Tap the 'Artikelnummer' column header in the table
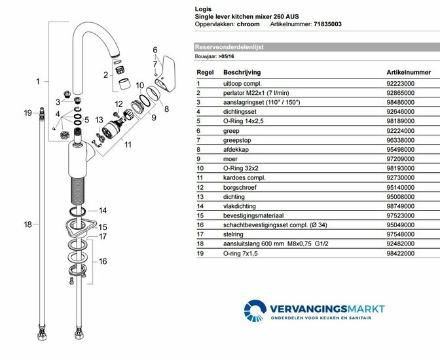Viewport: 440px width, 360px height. click(x=408, y=72)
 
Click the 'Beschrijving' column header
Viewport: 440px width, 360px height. click(x=242, y=72)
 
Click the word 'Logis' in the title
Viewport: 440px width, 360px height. click(x=204, y=9)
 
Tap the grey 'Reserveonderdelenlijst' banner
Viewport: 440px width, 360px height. click(x=314, y=48)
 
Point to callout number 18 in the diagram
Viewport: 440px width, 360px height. click(x=28, y=225)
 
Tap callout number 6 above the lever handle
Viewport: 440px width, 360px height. click(x=155, y=50)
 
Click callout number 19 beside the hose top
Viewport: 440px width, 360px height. click(x=28, y=113)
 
